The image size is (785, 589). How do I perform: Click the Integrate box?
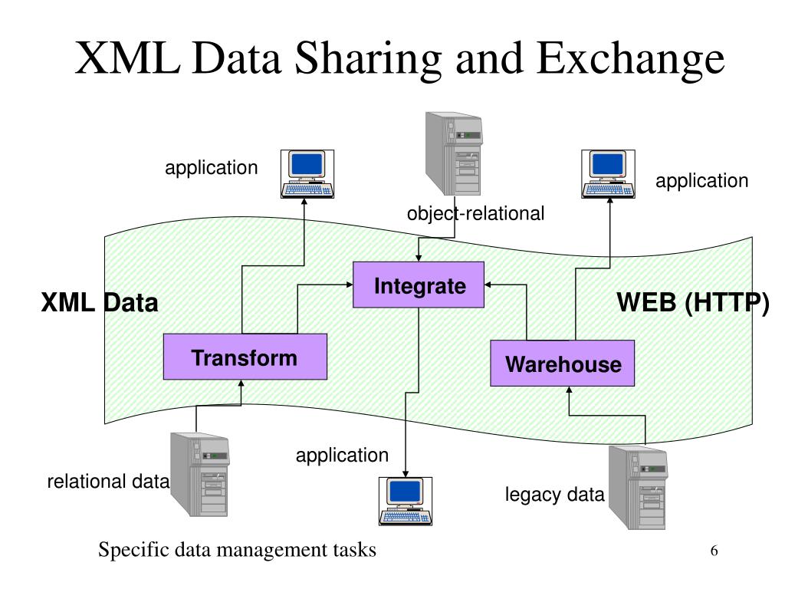coord(419,285)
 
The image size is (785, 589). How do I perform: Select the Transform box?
coord(245,357)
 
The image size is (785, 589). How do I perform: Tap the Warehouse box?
coord(563,363)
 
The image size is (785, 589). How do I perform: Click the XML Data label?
coord(100,304)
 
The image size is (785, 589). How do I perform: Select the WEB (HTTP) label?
coord(693,303)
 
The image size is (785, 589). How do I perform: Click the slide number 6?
coord(714,551)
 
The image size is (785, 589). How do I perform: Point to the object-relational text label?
coord(475,213)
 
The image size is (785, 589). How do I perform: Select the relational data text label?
coord(108,482)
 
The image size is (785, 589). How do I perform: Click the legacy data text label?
coord(554,495)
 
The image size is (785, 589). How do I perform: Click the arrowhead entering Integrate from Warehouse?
coord(491,285)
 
